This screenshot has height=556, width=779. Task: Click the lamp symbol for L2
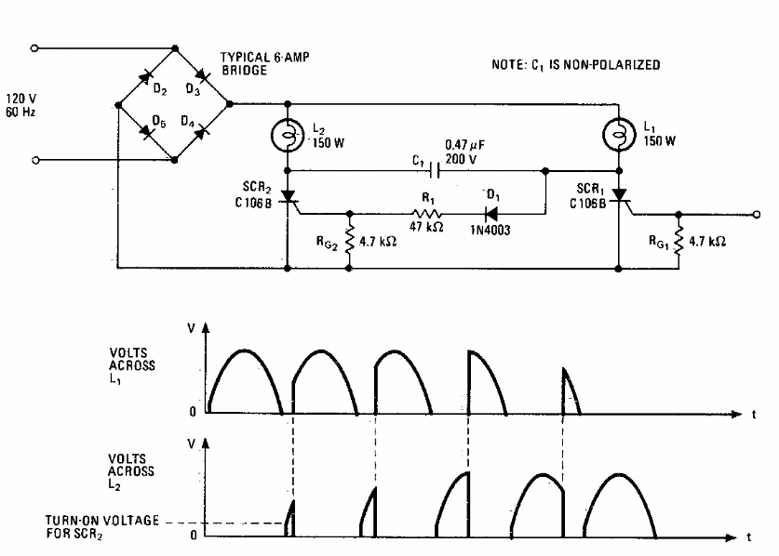pos(288,135)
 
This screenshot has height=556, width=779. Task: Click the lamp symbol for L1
pos(619,134)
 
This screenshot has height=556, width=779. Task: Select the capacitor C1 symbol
pos(436,170)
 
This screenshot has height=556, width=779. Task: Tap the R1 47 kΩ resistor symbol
pos(427,214)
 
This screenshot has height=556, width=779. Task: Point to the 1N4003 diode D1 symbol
pos(491,214)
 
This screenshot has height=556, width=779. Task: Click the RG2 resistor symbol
pos(349,240)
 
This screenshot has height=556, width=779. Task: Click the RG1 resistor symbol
pos(678,240)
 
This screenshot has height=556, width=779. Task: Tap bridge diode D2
pos(145,76)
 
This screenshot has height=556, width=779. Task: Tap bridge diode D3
pos(202,76)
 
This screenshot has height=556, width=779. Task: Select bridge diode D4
pos(201,133)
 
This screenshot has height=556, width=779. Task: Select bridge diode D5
pos(146,131)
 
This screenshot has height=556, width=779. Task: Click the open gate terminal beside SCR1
pos(756,215)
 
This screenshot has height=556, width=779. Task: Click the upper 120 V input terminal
pos(34,48)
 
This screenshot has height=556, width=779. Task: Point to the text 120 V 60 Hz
pos(20,105)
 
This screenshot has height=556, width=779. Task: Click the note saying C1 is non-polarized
pos(576,65)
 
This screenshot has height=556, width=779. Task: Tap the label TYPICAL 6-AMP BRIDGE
pos(265,63)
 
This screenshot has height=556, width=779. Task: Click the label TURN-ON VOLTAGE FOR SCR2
pos(102,527)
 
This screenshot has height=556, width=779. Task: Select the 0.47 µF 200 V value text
pos(464,152)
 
